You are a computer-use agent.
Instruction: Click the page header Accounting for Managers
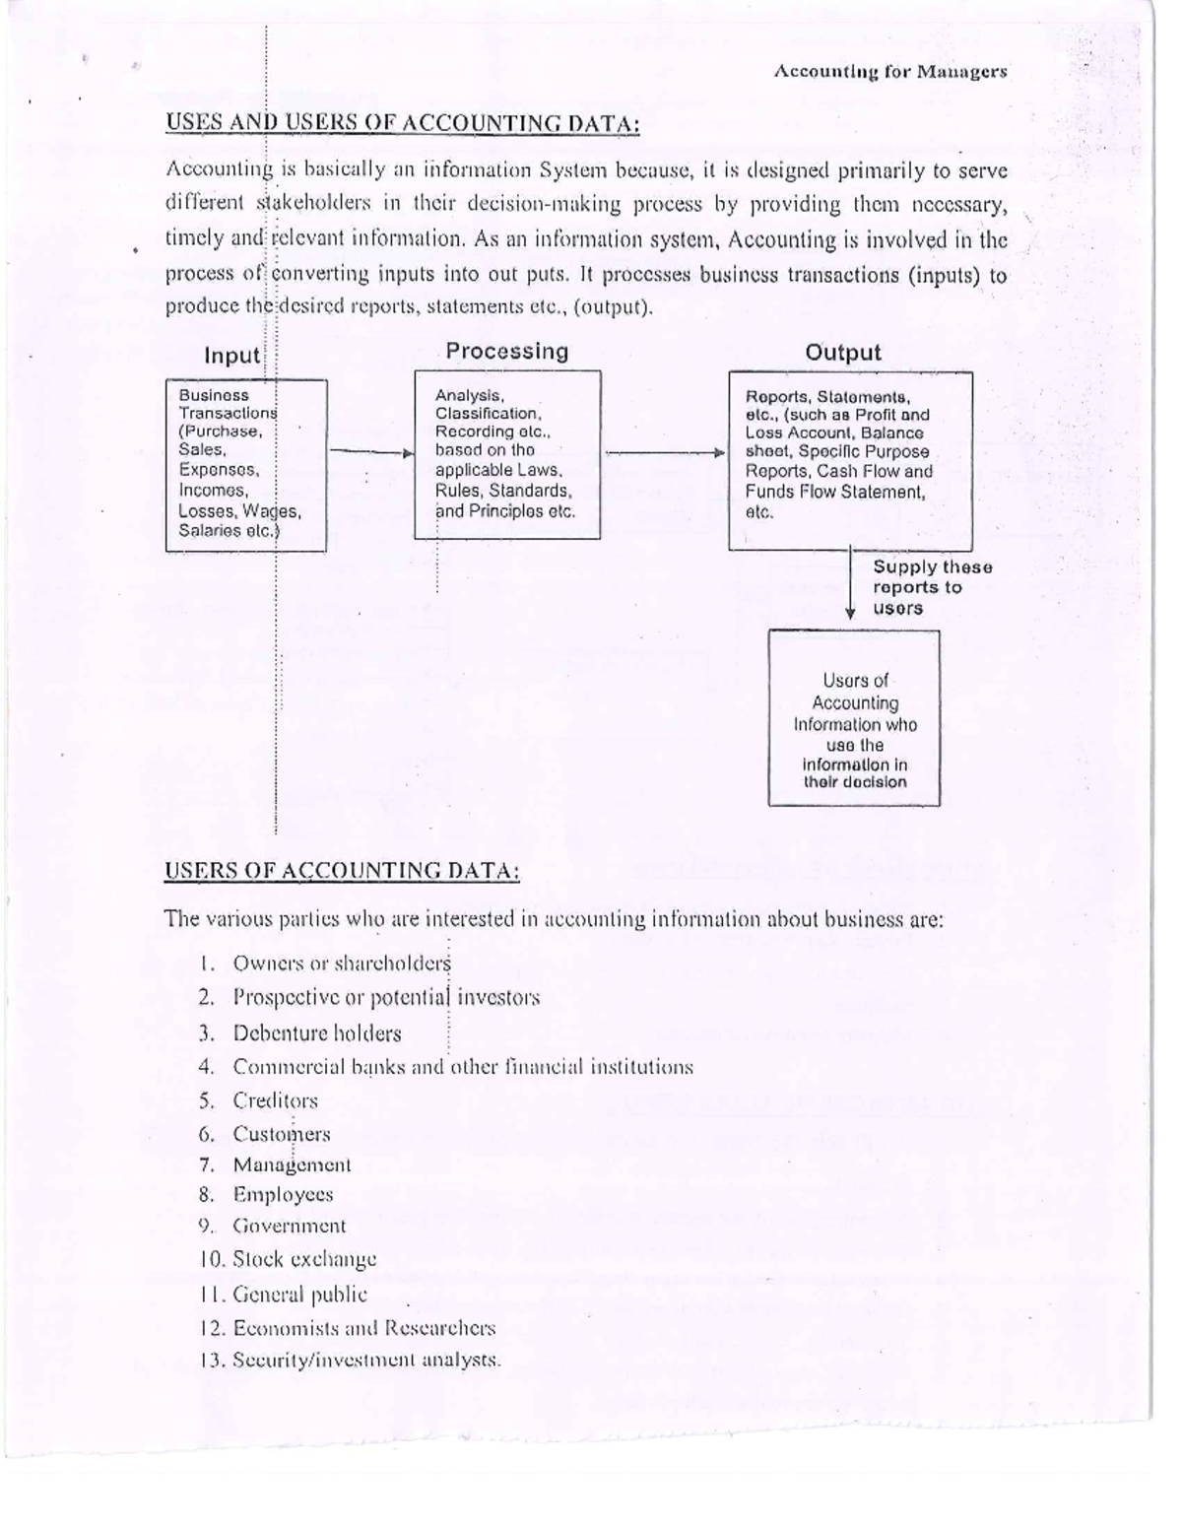[x=889, y=72]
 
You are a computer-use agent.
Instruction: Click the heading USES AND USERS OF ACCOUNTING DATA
[x=402, y=123]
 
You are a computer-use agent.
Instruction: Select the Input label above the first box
[x=231, y=355]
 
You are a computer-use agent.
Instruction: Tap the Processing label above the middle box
[x=506, y=352]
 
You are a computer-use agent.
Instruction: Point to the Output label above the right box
[x=842, y=353]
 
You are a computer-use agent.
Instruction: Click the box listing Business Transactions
[x=245, y=464]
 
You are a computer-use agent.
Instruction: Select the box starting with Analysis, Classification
[x=506, y=454]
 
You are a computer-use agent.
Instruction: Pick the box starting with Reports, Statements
[x=849, y=460]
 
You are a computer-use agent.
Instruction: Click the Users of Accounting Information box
[x=854, y=718]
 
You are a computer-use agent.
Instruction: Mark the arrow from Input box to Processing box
[x=370, y=452]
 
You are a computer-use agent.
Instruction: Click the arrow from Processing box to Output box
[x=664, y=452]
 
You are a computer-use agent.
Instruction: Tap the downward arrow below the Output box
[x=850, y=585]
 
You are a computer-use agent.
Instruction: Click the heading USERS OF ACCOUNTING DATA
[x=342, y=871]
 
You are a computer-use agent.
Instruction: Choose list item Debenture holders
[x=316, y=1033]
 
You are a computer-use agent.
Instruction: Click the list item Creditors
[x=275, y=1100]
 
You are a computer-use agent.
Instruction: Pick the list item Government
[x=289, y=1227]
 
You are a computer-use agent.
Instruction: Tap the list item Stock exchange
[x=304, y=1260]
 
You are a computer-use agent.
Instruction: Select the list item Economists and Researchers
[x=363, y=1328]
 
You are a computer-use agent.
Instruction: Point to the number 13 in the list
[x=212, y=1362]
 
